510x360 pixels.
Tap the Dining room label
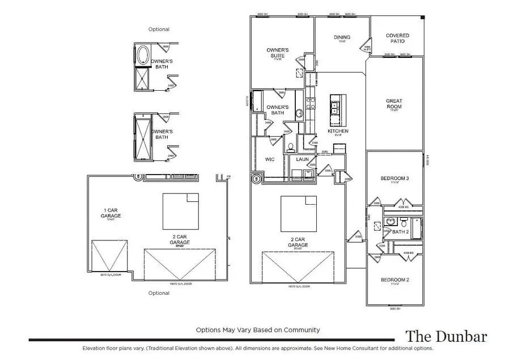341,38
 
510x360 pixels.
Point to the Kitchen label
338,132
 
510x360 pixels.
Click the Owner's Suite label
278,53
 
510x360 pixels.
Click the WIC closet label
270,159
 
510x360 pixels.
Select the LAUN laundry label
302,159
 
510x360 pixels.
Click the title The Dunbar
445,336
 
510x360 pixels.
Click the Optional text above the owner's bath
159,29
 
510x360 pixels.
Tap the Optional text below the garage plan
159,293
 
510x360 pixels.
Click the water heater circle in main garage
257,180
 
